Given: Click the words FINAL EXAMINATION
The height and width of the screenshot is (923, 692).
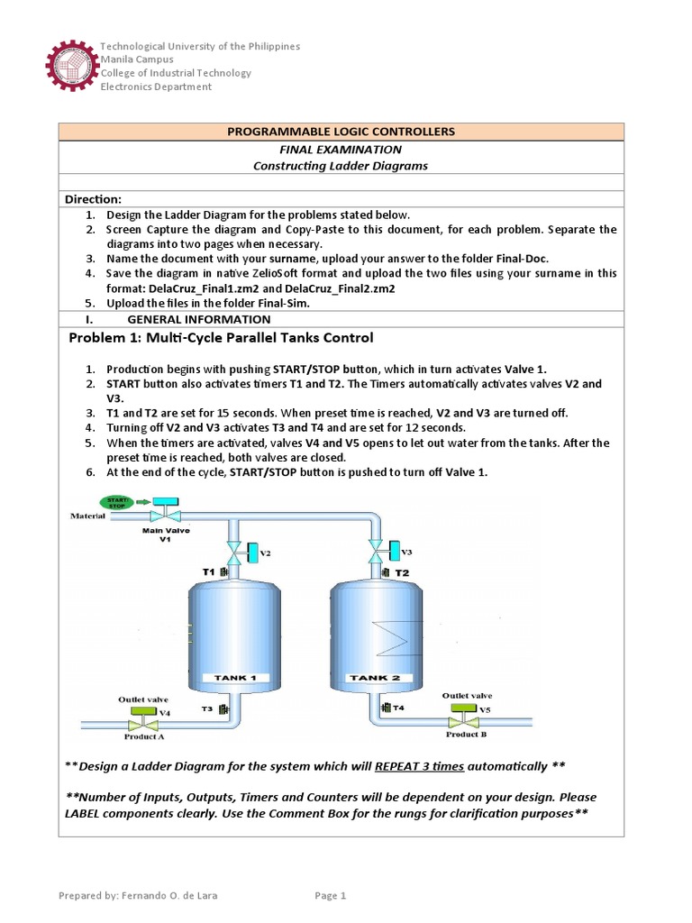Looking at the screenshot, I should (x=341, y=150).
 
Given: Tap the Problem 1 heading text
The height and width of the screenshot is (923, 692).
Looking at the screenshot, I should (x=221, y=338).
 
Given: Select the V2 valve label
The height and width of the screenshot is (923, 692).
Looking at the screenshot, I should (x=266, y=553).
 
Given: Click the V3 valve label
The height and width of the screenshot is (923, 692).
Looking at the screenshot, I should (x=406, y=552).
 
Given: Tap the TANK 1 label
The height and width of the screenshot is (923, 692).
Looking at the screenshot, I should (x=235, y=678).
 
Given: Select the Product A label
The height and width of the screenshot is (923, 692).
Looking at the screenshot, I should (x=143, y=736).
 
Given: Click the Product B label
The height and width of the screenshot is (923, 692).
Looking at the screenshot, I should (x=466, y=734).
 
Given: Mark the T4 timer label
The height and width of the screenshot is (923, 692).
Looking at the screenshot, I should (x=398, y=708).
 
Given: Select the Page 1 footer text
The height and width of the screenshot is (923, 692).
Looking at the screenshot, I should (x=330, y=895).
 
